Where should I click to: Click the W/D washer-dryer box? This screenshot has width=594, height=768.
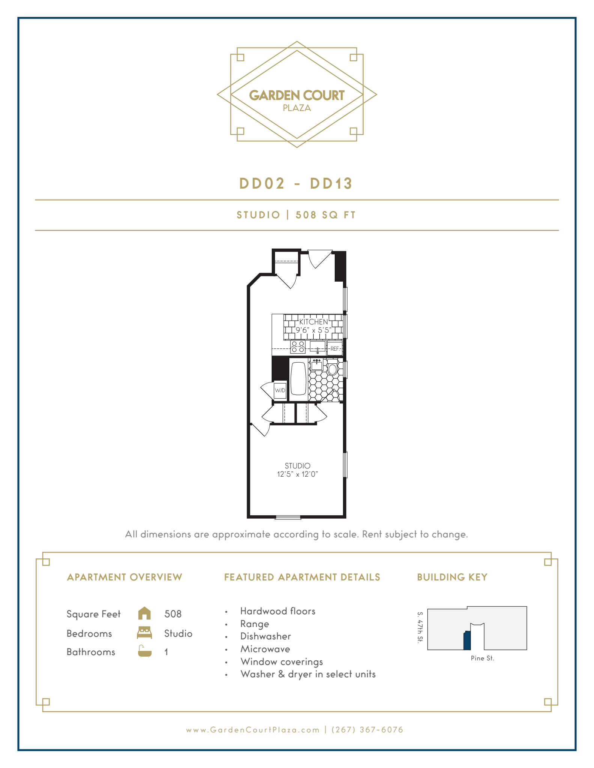(x=280, y=390)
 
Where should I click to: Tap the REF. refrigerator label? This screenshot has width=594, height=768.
(x=335, y=349)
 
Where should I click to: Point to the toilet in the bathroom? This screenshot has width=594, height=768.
(x=332, y=368)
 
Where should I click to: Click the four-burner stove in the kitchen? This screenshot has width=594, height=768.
(x=298, y=347)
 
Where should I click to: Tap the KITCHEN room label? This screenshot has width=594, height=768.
(x=313, y=322)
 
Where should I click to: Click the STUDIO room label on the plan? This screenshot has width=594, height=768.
(x=297, y=466)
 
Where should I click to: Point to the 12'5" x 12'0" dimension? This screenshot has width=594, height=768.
(x=297, y=474)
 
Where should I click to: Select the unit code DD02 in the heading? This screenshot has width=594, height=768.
(x=262, y=183)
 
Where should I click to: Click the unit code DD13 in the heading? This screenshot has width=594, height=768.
(x=331, y=183)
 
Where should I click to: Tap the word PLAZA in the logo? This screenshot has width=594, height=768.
(x=297, y=108)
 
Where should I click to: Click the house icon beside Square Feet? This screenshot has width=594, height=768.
(x=144, y=613)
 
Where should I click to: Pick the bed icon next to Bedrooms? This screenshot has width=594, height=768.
(x=144, y=633)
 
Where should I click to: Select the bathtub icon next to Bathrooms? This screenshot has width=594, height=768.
(x=144, y=651)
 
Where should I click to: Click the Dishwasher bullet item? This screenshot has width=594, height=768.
(x=266, y=636)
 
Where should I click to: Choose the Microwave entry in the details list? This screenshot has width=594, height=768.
(x=265, y=649)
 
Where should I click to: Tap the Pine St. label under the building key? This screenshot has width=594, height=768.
(x=482, y=658)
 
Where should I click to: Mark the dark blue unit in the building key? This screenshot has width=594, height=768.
(x=467, y=641)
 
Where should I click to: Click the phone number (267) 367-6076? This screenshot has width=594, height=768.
(x=367, y=730)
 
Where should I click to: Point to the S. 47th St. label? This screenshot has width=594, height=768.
(x=420, y=627)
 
